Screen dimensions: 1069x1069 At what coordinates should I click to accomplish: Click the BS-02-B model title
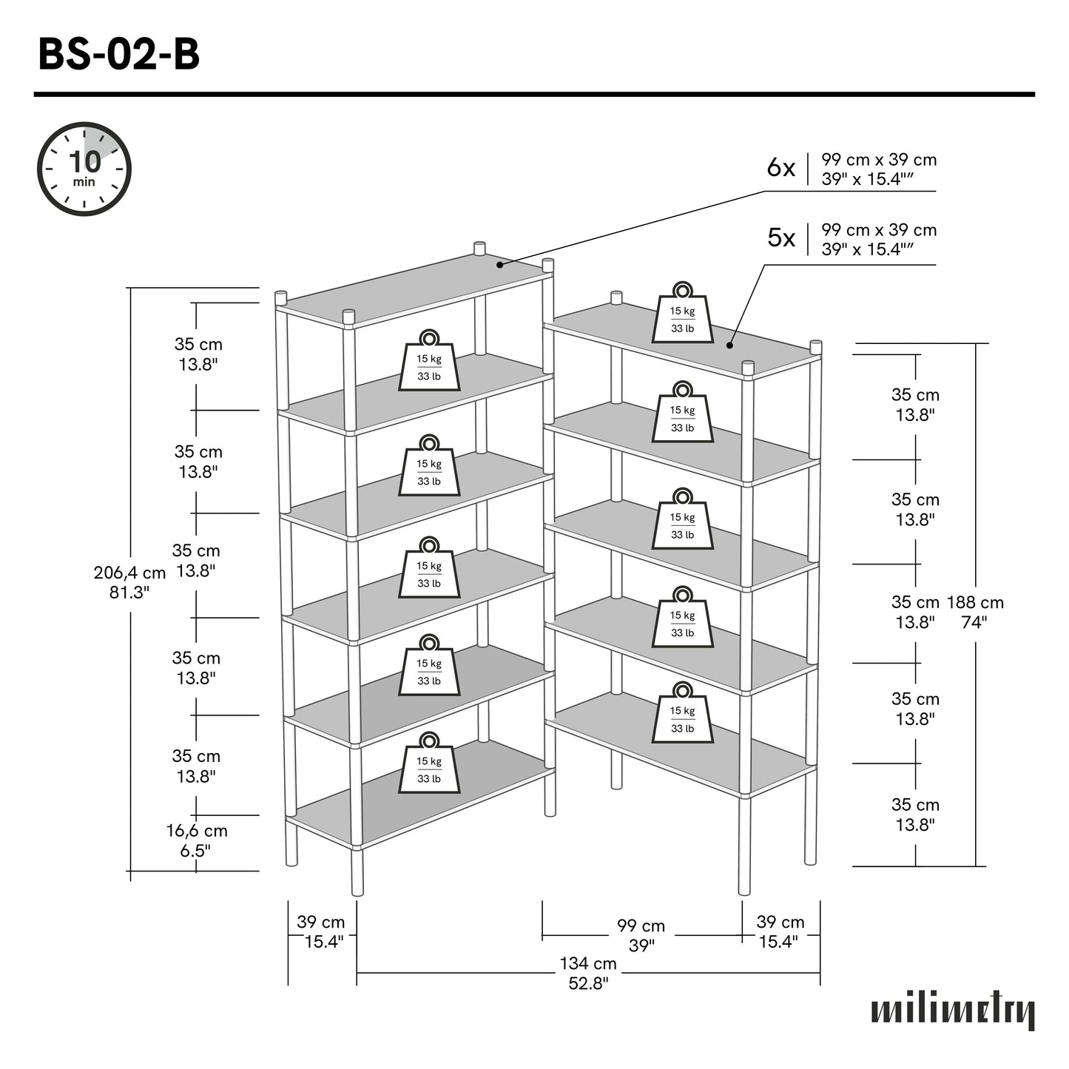click(x=118, y=55)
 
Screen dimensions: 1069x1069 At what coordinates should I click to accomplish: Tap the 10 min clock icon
click(x=84, y=169)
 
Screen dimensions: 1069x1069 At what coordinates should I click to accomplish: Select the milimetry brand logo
click(x=952, y=1011)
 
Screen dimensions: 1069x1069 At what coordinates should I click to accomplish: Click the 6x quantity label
click(x=780, y=169)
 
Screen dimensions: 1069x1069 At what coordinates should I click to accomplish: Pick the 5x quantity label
click(x=780, y=238)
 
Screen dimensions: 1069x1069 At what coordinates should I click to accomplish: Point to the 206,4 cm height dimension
click(x=129, y=573)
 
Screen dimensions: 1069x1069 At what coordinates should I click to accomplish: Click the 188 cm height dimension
click(x=975, y=602)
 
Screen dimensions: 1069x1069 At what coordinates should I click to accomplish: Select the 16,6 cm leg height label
click(x=196, y=831)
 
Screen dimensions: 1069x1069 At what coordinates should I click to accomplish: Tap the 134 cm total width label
click(x=587, y=963)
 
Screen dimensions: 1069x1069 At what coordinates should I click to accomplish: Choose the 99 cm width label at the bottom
click(x=641, y=926)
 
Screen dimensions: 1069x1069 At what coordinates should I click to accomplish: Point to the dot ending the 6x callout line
click(x=500, y=264)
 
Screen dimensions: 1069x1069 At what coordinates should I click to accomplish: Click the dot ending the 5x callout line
click(x=729, y=345)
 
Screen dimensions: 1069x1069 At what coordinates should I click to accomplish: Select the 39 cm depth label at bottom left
click(x=320, y=923)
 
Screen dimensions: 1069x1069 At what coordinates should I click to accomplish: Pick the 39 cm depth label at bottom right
click(x=780, y=923)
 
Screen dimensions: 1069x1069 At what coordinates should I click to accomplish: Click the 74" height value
click(x=974, y=622)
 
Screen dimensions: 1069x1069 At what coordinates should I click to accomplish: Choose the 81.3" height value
click(x=129, y=593)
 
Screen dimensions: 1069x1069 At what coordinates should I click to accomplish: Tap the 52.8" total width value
click(x=587, y=983)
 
